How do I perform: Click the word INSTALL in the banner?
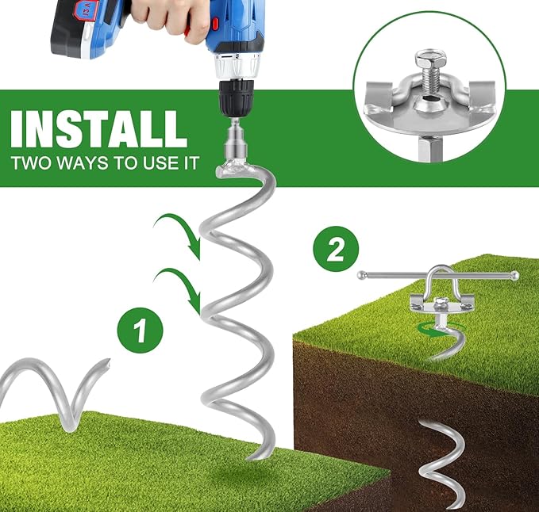click(99, 129)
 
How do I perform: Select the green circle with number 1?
click(140, 331)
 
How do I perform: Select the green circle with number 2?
click(336, 249)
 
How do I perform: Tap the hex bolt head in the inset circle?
click(430, 59)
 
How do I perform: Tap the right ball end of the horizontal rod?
click(514, 275)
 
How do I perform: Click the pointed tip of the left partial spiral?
click(108, 362)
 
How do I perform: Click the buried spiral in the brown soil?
click(441, 466)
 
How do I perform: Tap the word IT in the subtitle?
click(192, 162)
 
